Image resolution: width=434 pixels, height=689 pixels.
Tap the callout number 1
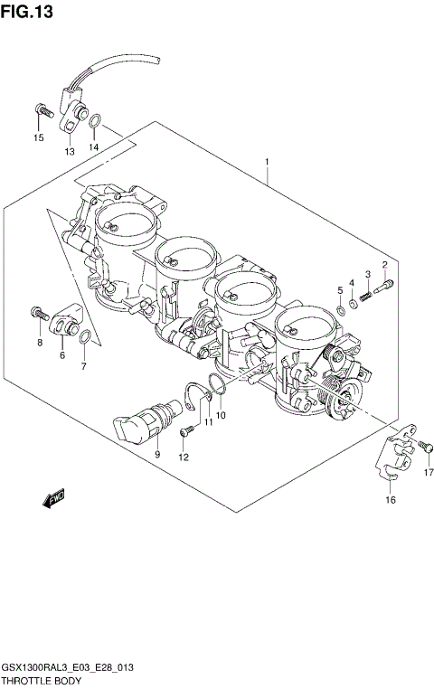click(268, 162)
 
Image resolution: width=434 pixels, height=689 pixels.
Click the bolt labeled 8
click(38, 313)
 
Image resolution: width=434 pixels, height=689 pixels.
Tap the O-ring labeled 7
click(83, 338)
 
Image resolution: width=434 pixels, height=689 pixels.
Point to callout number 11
click(208, 421)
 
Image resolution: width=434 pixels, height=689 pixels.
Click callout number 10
click(222, 415)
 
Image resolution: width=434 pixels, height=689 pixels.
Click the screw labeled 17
click(423, 445)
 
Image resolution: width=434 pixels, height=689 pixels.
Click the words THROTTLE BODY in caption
click(42, 681)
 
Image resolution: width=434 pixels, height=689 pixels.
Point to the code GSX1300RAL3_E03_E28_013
click(68, 667)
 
